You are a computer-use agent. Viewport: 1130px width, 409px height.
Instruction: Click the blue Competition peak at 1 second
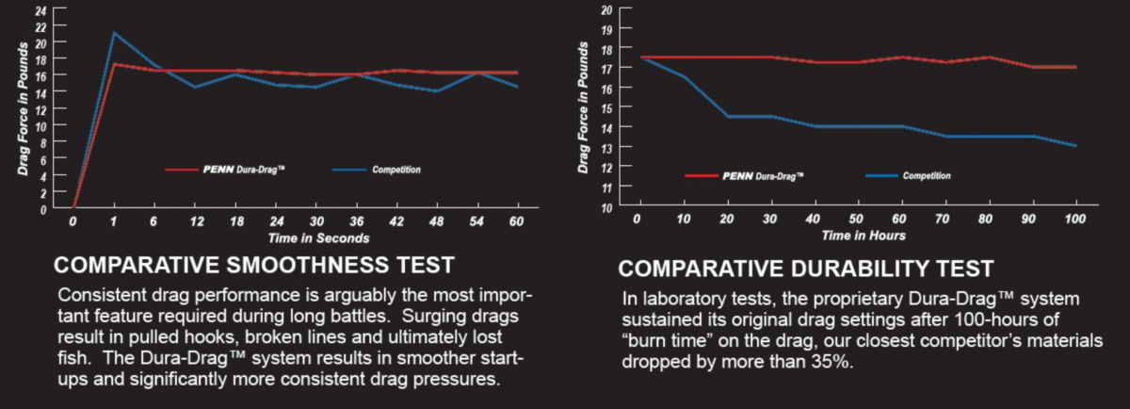click(x=114, y=33)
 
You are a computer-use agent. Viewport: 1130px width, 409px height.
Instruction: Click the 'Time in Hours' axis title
click(x=863, y=236)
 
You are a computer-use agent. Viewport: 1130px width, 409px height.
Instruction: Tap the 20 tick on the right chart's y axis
click(x=607, y=9)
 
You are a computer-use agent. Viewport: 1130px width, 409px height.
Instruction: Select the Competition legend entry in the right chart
click(x=908, y=175)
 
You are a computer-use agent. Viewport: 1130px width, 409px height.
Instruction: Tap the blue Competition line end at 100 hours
click(x=1074, y=146)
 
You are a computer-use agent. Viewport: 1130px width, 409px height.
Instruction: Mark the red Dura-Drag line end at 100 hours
click(x=1074, y=67)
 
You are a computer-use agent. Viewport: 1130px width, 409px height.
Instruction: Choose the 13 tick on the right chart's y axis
click(x=607, y=147)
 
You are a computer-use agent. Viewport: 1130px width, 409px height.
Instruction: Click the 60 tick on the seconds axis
click(x=515, y=222)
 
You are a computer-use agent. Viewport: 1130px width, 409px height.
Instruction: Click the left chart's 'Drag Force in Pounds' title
click(x=23, y=119)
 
